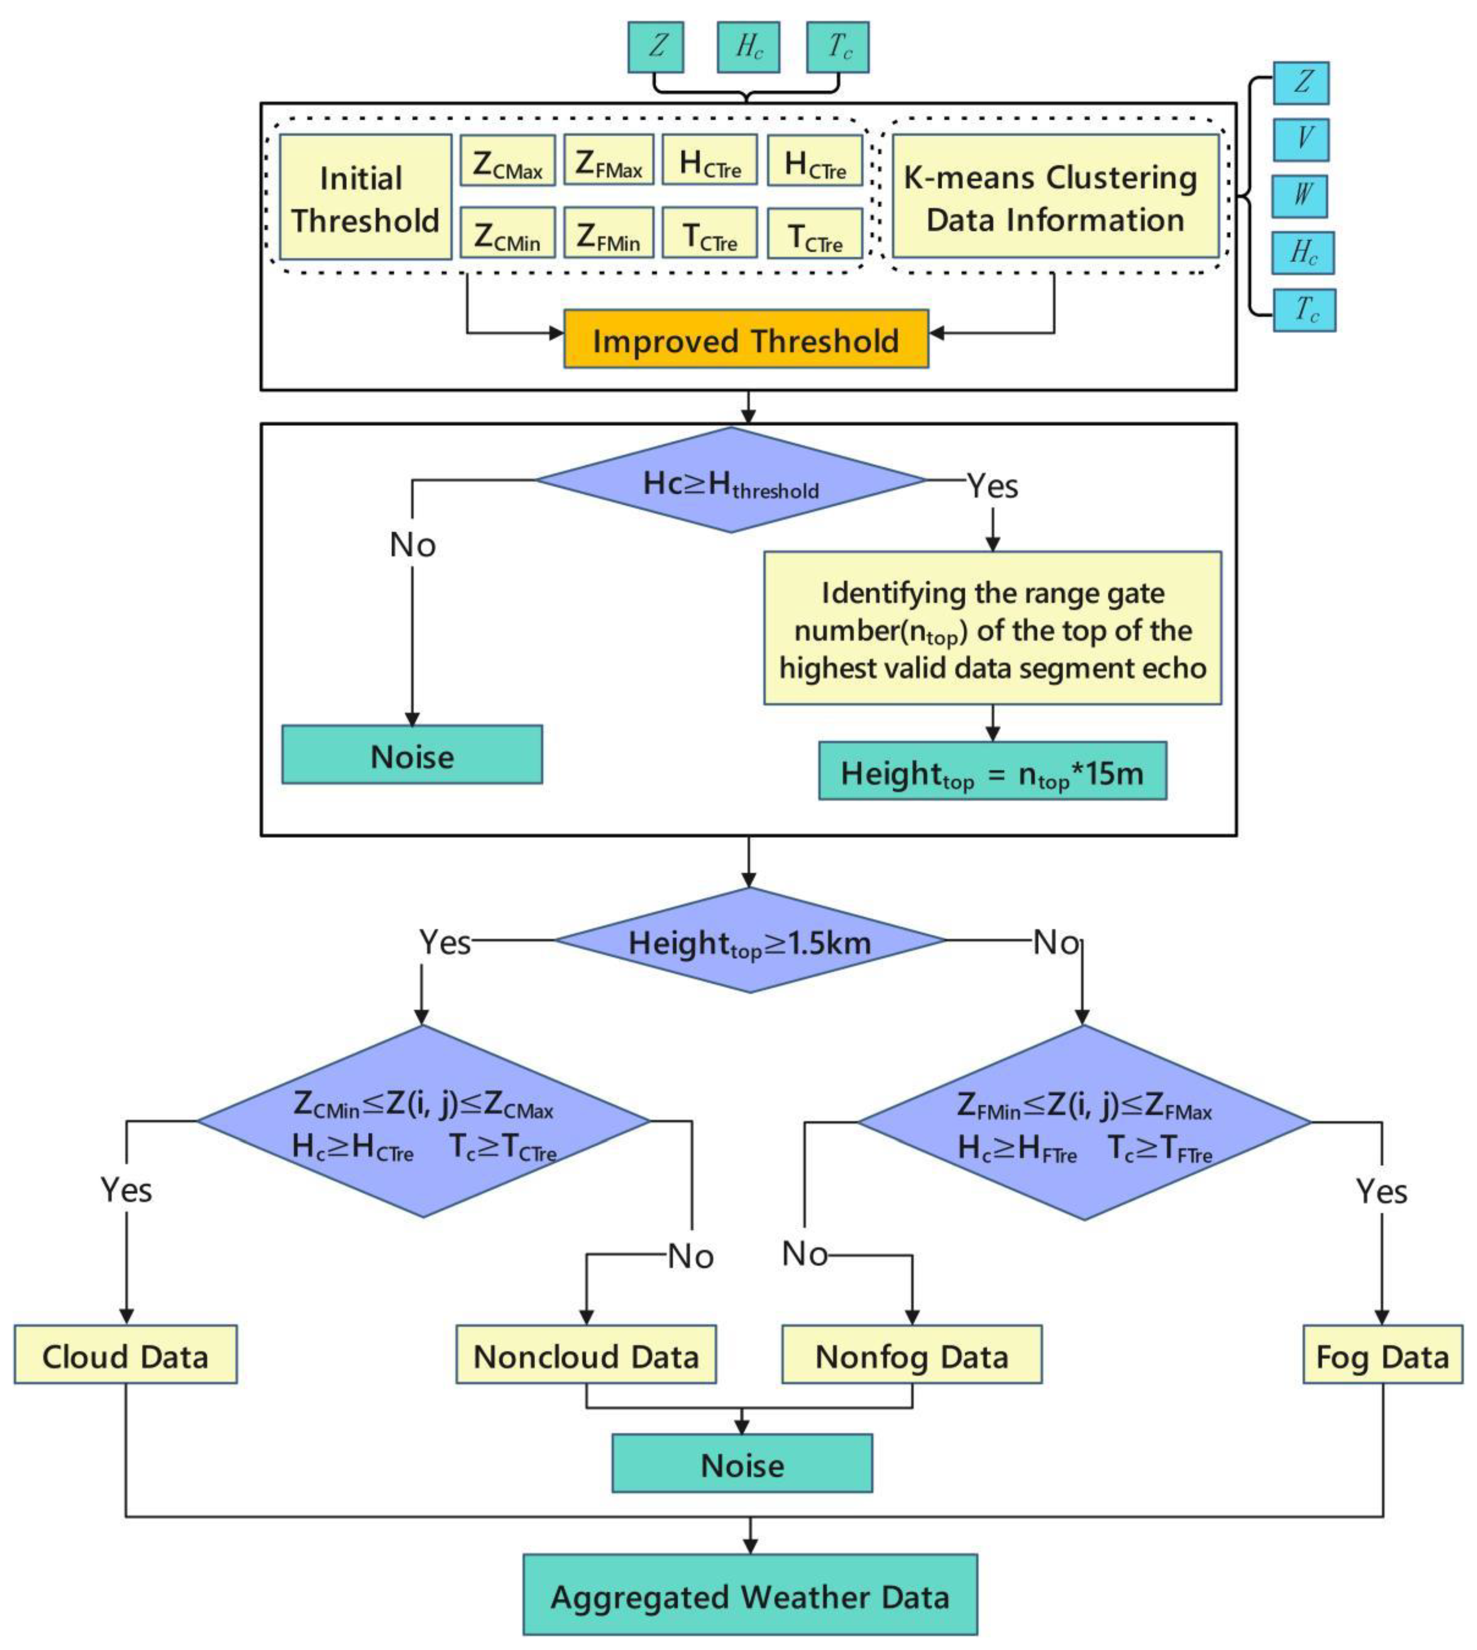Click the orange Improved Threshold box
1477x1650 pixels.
(746, 339)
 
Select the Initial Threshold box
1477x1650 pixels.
(365, 197)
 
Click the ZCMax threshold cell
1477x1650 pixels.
(507, 160)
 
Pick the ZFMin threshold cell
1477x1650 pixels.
(609, 233)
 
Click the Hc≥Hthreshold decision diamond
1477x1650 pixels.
(730, 480)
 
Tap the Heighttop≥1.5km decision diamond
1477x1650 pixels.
(750, 941)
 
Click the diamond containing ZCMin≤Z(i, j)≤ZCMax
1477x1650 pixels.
(424, 1122)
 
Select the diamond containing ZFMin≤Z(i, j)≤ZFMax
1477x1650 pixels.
(1084, 1123)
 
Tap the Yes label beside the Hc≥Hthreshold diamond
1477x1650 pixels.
(992, 485)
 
